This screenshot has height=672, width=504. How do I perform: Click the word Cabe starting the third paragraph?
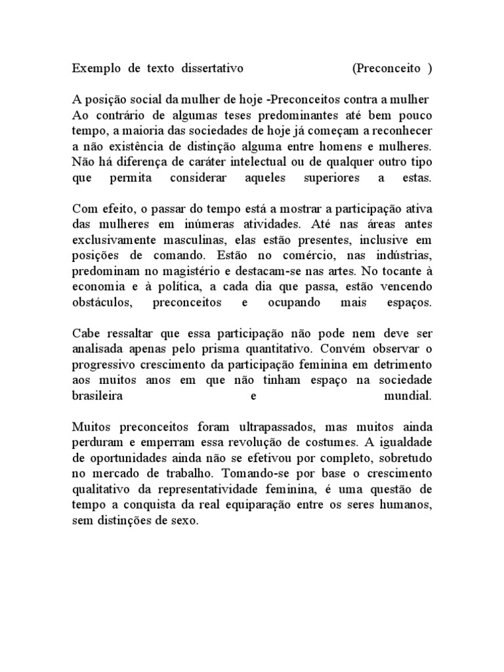(x=85, y=335)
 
